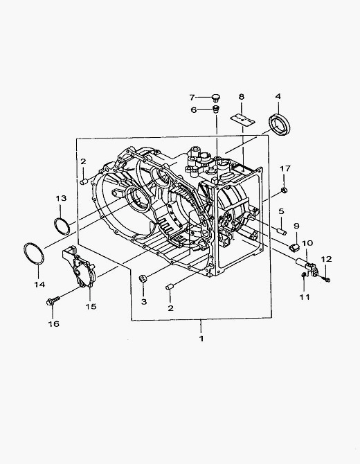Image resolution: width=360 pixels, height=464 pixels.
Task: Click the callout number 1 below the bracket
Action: [x=201, y=338]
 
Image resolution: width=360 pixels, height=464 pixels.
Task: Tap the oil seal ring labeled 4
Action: [x=280, y=125]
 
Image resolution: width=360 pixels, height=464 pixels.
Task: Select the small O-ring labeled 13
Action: [x=62, y=226]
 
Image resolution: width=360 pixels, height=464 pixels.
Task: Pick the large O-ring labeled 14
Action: [x=33, y=254]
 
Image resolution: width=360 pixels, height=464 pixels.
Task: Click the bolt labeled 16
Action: [x=53, y=301]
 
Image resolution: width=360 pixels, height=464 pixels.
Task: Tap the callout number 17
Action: [x=285, y=169]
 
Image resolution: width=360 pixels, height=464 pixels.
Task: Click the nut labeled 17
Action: [x=284, y=190]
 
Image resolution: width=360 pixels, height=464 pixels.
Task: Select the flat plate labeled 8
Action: [x=243, y=120]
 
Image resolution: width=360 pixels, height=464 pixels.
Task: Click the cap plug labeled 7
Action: [x=216, y=98]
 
